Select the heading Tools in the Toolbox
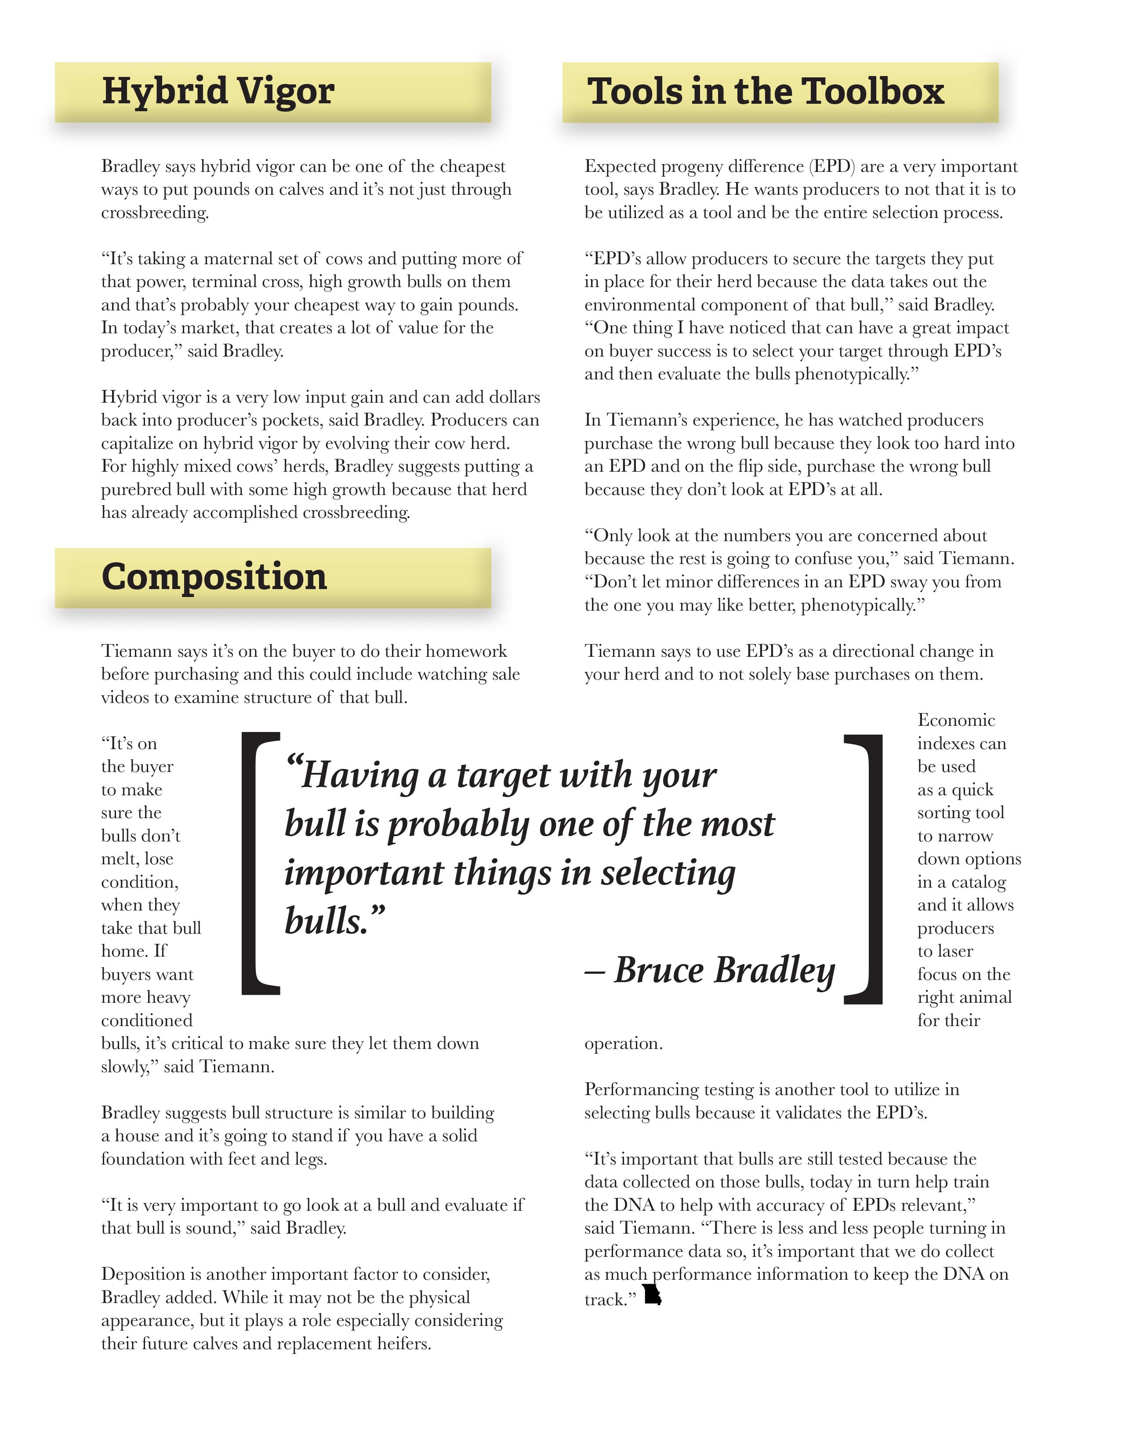pyautogui.click(x=766, y=91)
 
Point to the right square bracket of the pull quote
pyautogui.click(x=864, y=868)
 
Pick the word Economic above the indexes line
pyautogui.click(x=956, y=720)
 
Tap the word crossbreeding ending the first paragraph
pyautogui.click(x=154, y=213)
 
